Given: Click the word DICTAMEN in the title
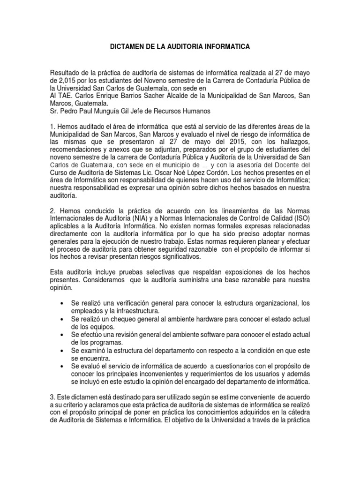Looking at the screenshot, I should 127,47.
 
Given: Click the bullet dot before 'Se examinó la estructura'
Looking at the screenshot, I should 63,351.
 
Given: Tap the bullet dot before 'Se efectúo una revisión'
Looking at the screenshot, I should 63,335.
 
